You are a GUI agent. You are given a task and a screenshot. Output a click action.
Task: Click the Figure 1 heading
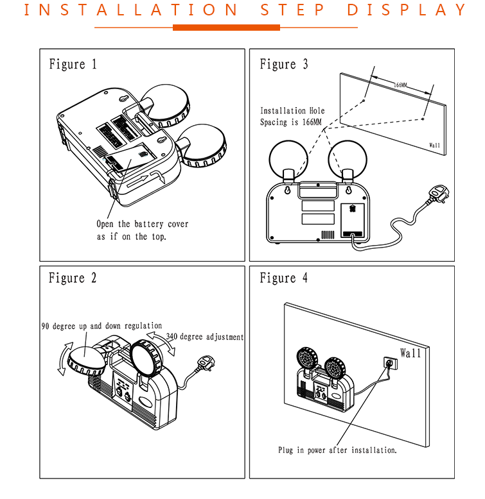pyautogui.click(x=73, y=64)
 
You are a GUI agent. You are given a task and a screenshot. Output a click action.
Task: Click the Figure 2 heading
pyautogui.click(x=73, y=278)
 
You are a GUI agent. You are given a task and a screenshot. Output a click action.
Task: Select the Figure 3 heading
pyautogui.click(x=283, y=64)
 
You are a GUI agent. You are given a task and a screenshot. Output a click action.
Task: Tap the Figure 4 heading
pyautogui.click(x=283, y=278)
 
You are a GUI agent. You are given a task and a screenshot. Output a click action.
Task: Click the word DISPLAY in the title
pyautogui.click(x=407, y=10)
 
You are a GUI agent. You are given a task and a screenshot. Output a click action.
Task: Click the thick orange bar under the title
pyautogui.click(x=226, y=28)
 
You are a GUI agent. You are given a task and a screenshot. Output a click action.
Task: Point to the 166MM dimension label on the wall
pyautogui.click(x=400, y=85)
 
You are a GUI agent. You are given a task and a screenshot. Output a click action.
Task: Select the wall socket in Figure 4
pyautogui.click(x=391, y=363)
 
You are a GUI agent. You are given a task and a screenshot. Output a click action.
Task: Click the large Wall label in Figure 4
pyautogui.click(x=410, y=353)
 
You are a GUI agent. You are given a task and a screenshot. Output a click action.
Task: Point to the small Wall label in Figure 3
pyautogui.click(x=434, y=145)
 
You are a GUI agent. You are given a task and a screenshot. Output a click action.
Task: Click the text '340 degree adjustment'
pyautogui.click(x=204, y=337)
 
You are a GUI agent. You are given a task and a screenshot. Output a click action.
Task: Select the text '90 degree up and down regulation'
pyautogui.click(x=101, y=326)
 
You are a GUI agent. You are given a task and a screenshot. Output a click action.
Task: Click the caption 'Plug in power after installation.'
pyautogui.click(x=337, y=450)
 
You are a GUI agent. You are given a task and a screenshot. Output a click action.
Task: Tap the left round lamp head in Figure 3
pyautogui.click(x=288, y=159)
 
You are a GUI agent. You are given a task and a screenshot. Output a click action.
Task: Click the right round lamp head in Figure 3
pyautogui.click(x=348, y=159)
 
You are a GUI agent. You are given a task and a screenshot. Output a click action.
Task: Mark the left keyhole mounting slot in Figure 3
pyautogui.click(x=287, y=190)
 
